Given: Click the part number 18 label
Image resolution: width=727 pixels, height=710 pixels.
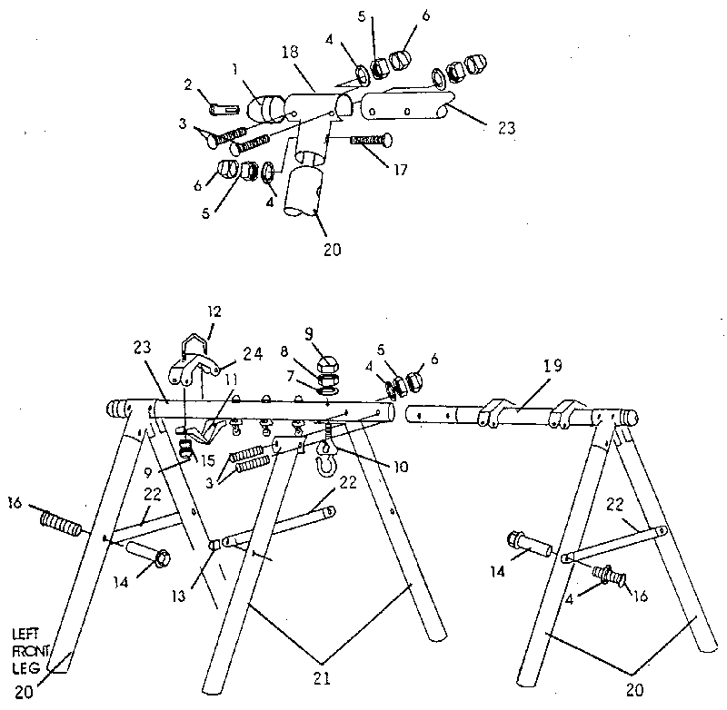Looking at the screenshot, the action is click(290, 52).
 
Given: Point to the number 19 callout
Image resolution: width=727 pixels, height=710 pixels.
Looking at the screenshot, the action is click(553, 366).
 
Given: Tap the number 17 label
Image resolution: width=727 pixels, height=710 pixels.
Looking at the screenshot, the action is click(400, 170).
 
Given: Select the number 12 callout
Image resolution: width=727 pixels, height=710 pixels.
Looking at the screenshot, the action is click(214, 311).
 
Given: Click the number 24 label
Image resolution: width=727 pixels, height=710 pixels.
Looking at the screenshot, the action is click(254, 354).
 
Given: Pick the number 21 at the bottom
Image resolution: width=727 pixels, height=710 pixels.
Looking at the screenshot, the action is click(322, 678).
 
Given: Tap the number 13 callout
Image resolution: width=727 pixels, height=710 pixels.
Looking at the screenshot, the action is click(178, 597).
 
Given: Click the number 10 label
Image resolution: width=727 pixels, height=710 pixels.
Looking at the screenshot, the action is click(401, 467).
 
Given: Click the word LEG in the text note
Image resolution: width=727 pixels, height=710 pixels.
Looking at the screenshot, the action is click(25, 668).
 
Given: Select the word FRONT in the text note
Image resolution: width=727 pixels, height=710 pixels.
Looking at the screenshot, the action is click(31, 651).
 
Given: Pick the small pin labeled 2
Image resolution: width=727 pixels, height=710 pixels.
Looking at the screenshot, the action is click(224, 110).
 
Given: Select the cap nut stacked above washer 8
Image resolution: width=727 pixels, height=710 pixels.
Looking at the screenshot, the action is click(327, 365).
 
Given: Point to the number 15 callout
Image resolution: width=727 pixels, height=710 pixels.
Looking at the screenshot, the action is click(208, 460).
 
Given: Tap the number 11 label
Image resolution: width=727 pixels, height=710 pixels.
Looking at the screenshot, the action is click(231, 380).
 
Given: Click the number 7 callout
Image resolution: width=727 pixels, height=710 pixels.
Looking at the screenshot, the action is click(291, 377).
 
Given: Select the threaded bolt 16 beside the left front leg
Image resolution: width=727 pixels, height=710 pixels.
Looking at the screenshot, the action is click(62, 523).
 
